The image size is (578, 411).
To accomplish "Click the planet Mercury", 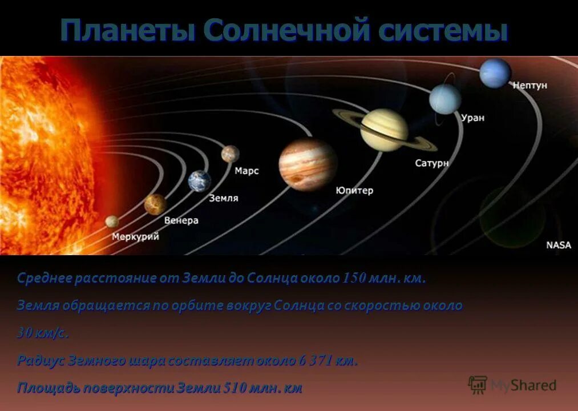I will [112, 221].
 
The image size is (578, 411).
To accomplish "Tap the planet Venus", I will [155, 204].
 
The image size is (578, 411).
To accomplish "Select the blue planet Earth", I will [200, 181].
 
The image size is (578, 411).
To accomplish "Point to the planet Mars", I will [231, 154].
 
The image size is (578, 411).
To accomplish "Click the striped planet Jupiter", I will [308, 165].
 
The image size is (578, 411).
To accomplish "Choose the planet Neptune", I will [495, 73].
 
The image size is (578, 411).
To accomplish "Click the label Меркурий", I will [135, 236].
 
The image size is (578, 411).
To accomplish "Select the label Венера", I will [181, 220].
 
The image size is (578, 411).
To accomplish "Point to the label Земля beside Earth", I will [224, 198].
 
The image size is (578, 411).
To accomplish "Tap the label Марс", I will [246, 171].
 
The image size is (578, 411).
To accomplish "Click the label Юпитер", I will [354, 190].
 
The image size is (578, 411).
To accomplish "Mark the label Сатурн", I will [431, 163].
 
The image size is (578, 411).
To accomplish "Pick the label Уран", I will [472, 118].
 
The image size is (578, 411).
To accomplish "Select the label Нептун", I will [530, 85].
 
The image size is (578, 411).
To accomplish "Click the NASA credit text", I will [558, 245].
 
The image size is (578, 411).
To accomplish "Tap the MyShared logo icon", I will [478, 385].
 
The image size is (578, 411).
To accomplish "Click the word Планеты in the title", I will [128, 30].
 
